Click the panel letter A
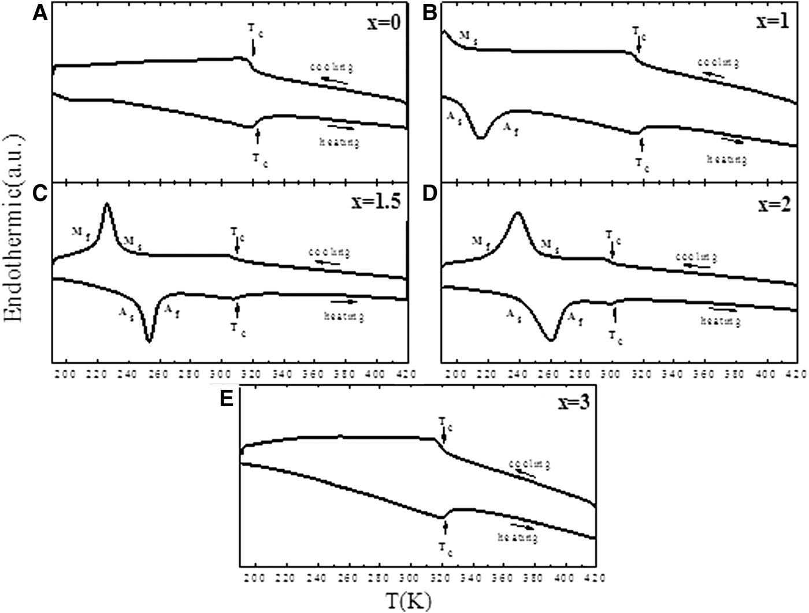click(x=39, y=13)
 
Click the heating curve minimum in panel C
click(x=149, y=341)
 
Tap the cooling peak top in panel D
click(x=518, y=213)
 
